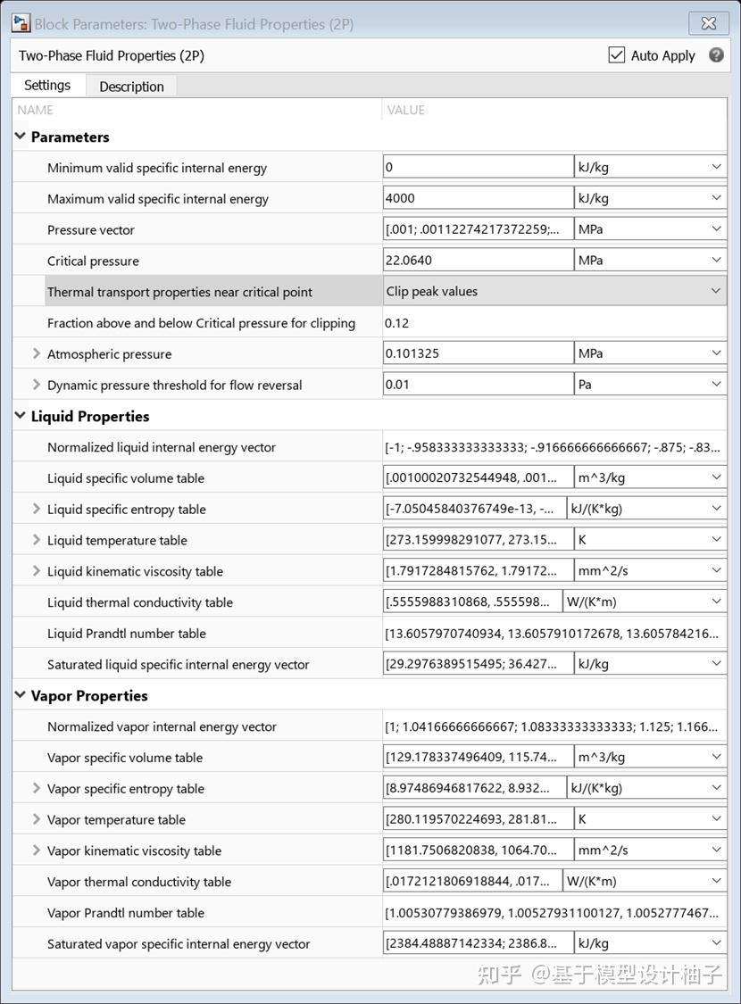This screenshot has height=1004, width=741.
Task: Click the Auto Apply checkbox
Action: click(x=617, y=55)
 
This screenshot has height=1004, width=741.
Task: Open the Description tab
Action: click(x=131, y=87)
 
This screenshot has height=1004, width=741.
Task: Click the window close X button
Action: click(x=708, y=24)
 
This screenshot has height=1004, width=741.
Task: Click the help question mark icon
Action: click(x=716, y=55)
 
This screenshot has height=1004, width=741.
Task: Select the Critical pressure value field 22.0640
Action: click(x=478, y=261)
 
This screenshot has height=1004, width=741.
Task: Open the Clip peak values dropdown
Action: click(x=554, y=291)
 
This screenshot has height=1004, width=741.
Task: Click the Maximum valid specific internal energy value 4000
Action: click(x=478, y=198)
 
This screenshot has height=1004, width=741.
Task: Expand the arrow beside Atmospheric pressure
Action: click(x=37, y=353)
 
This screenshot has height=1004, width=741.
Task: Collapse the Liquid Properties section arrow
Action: click(x=21, y=416)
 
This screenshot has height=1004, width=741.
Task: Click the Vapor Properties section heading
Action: click(x=89, y=695)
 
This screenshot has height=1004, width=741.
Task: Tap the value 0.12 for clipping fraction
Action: click(x=397, y=323)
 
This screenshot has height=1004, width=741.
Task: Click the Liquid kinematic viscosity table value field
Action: click(x=478, y=571)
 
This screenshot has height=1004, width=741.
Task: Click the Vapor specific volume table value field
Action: click(x=478, y=757)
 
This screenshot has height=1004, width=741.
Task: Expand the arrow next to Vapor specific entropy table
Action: click(x=37, y=788)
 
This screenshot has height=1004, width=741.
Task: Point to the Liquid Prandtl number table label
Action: click(x=127, y=634)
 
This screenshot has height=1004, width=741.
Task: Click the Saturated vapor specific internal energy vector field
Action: click(x=478, y=943)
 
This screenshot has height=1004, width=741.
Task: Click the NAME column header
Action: click(x=36, y=110)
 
